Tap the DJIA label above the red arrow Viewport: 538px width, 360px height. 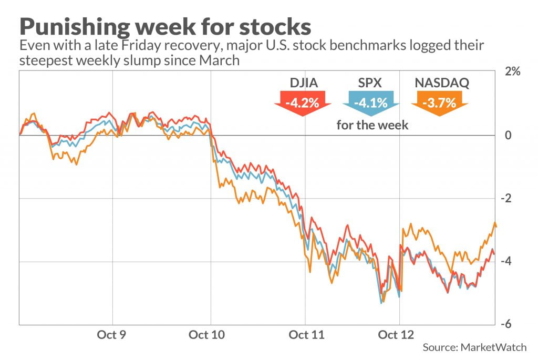(302, 83)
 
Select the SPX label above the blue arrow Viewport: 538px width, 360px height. (371, 83)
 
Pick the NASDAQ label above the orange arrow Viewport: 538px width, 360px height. (440, 83)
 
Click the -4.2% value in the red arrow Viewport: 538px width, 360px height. (302, 102)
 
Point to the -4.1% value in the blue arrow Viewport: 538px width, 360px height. (371, 102)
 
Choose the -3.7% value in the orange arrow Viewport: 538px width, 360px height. (440, 102)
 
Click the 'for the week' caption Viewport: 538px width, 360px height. (372, 125)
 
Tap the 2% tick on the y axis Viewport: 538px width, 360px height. (512, 72)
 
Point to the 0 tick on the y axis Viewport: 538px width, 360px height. (508, 136)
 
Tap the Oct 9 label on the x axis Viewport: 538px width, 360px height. (112, 335)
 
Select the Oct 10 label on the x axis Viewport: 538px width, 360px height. (210, 335)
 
